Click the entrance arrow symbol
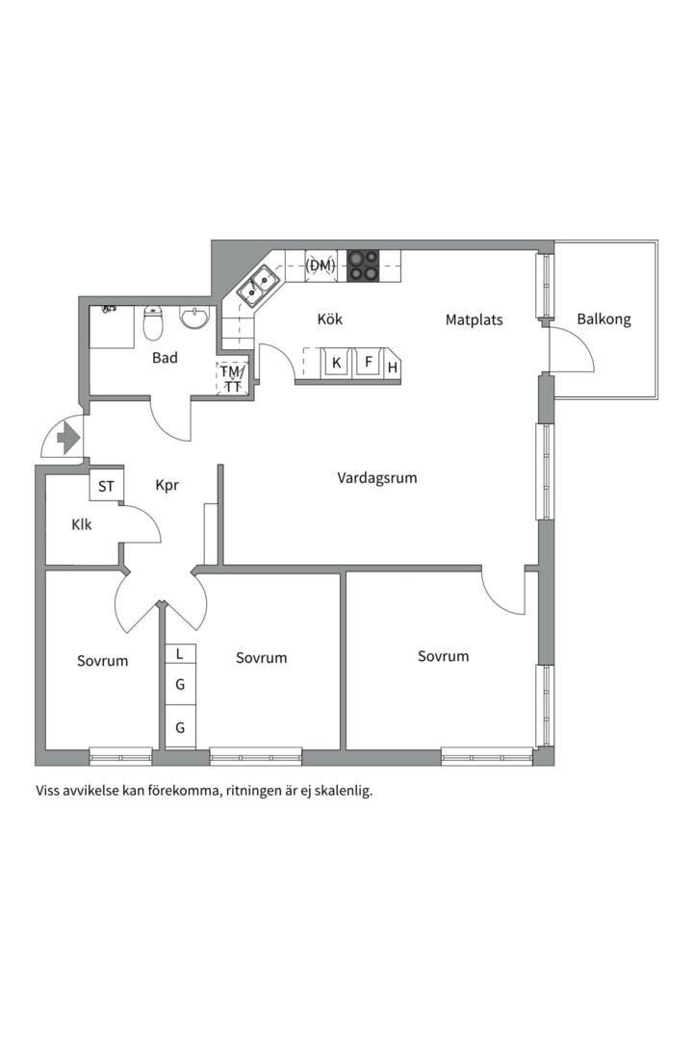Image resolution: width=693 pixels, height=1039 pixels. (x=67, y=440)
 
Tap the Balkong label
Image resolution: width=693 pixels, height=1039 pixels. (x=603, y=319)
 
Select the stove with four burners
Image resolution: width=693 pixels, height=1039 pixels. (x=363, y=265)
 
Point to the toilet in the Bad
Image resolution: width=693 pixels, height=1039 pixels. (x=153, y=324)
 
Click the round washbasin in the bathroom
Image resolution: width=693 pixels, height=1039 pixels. (x=195, y=317)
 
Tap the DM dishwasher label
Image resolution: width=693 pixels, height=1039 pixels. (x=321, y=265)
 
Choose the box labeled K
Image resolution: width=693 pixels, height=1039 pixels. (x=336, y=363)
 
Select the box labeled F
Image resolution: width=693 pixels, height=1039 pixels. (x=367, y=363)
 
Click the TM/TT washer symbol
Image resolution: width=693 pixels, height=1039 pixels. (x=232, y=379)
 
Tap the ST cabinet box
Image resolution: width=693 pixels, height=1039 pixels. (x=106, y=487)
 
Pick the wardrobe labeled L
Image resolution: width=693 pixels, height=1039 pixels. (x=180, y=654)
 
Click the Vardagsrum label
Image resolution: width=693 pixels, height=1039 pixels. (x=377, y=477)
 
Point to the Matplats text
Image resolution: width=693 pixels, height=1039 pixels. (x=474, y=319)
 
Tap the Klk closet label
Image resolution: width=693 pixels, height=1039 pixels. (x=81, y=525)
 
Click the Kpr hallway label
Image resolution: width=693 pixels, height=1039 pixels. (x=167, y=486)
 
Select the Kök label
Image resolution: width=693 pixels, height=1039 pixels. (x=329, y=319)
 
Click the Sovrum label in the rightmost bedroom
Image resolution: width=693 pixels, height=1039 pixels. (x=443, y=656)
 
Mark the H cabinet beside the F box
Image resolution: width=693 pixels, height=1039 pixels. (x=393, y=367)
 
